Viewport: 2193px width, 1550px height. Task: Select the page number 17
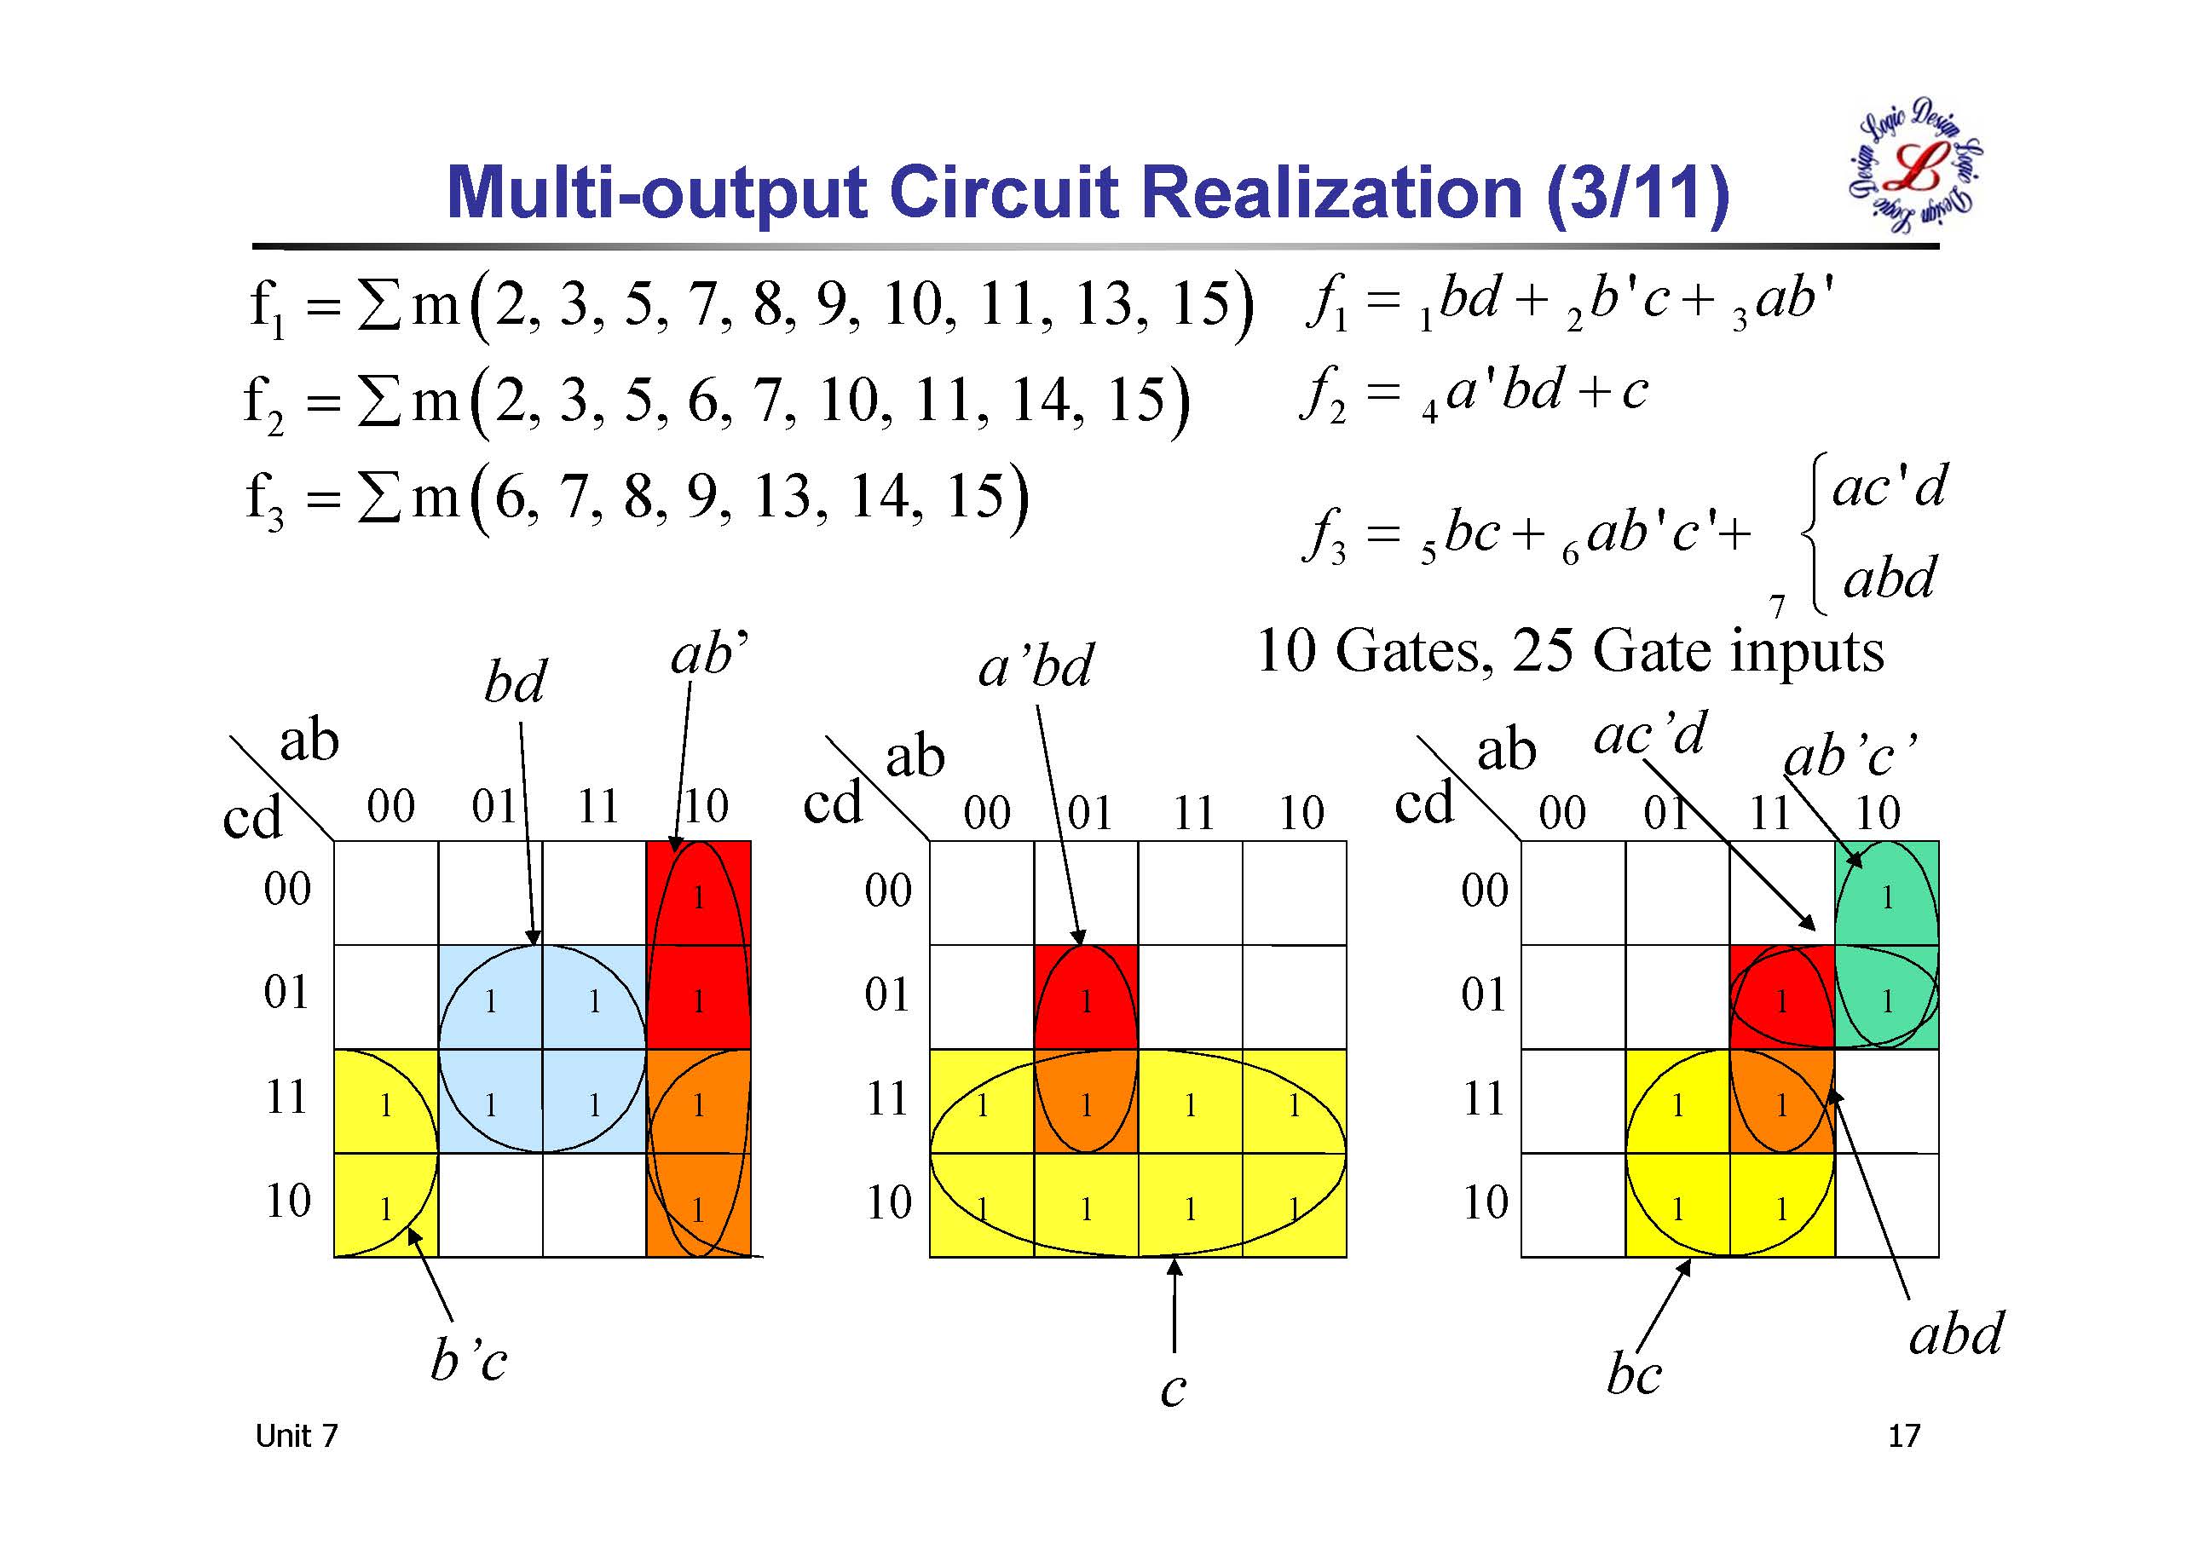(x=1903, y=1436)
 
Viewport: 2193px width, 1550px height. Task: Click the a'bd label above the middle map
(x=1036, y=666)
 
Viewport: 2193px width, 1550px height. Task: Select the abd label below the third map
(x=1955, y=1334)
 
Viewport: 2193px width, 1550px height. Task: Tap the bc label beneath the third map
(x=1634, y=1375)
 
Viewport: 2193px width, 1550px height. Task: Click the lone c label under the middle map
(x=1173, y=1390)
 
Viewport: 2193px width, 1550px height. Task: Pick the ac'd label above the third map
(x=1649, y=735)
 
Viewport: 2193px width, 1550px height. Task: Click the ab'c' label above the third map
(x=1850, y=757)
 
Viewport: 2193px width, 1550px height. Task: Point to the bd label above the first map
(x=515, y=682)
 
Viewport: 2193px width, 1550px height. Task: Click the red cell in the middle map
(x=1086, y=997)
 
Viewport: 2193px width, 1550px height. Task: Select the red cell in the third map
(x=1781, y=997)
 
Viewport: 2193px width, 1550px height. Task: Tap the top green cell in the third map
(x=1886, y=893)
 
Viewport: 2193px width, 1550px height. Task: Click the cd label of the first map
(x=252, y=817)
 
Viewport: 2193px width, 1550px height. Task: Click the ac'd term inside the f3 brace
(x=1889, y=488)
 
